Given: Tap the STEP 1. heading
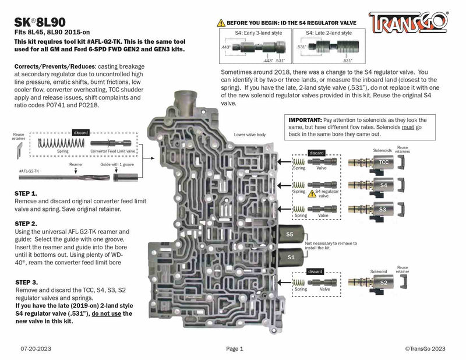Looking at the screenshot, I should coord(26,193).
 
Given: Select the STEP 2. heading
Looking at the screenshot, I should coord(26,224).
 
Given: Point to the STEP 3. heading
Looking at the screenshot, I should coord(27,282).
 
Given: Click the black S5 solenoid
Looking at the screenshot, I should coord(290,235).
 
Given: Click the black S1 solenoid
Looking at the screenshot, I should coord(290,256).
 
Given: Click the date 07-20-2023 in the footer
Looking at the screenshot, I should coord(36,348).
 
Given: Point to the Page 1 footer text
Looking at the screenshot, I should coord(233,348).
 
